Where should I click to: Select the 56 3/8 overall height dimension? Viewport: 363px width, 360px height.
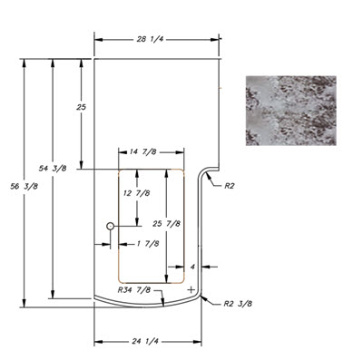(25, 187)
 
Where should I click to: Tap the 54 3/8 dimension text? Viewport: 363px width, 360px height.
(53, 169)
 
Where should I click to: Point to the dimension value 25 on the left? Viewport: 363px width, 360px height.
(81, 107)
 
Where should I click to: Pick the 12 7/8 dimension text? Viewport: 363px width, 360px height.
(137, 193)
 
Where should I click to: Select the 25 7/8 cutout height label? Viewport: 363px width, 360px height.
(166, 224)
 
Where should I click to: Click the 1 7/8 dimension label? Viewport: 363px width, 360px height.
(148, 243)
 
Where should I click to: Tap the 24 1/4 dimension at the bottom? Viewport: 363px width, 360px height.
(145, 341)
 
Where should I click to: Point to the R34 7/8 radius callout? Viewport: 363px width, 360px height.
(134, 290)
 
